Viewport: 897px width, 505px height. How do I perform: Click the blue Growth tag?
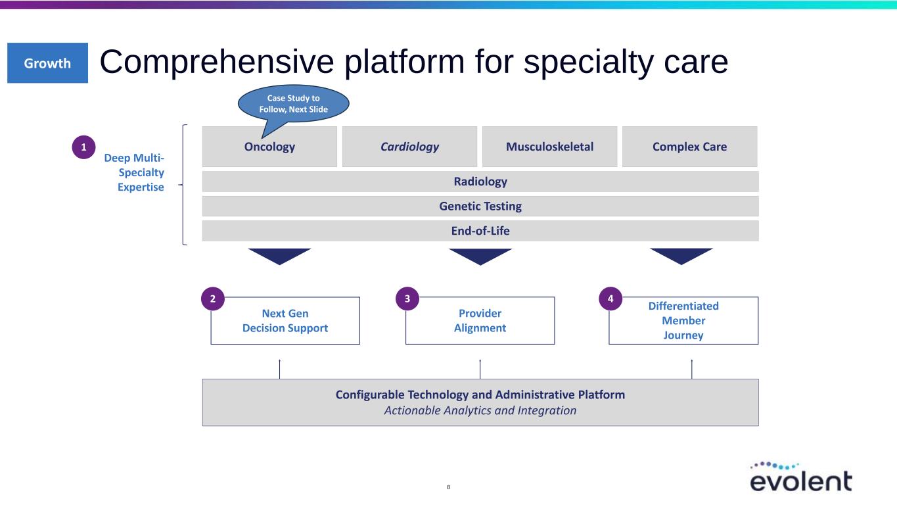click(x=47, y=63)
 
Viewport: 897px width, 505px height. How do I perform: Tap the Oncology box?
click(x=269, y=147)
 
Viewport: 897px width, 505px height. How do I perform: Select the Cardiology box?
click(x=409, y=147)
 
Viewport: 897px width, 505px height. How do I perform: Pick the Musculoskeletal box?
click(x=549, y=147)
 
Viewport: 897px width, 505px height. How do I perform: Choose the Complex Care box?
click(x=689, y=147)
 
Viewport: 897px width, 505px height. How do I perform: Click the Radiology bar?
click(x=480, y=181)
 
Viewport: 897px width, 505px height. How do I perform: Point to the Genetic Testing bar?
click(x=480, y=206)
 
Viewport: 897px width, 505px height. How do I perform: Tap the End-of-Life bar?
click(x=480, y=231)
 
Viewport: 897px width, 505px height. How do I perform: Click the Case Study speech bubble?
click(x=293, y=103)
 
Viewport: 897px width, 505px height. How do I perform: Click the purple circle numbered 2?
click(x=212, y=299)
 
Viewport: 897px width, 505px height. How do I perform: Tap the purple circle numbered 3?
click(x=407, y=299)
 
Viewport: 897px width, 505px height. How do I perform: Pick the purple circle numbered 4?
click(x=610, y=299)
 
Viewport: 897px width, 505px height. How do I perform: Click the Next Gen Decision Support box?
click(x=285, y=321)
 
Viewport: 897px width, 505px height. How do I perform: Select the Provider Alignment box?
click(x=480, y=321)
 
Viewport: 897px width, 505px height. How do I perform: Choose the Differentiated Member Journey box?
click(x=683, y=321)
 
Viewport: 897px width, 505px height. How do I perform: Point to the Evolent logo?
click(x=800, y=476)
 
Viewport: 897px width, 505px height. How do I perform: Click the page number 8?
click(x=448, y=487)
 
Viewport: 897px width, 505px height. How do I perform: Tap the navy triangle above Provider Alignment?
click(x=480, y=256)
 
